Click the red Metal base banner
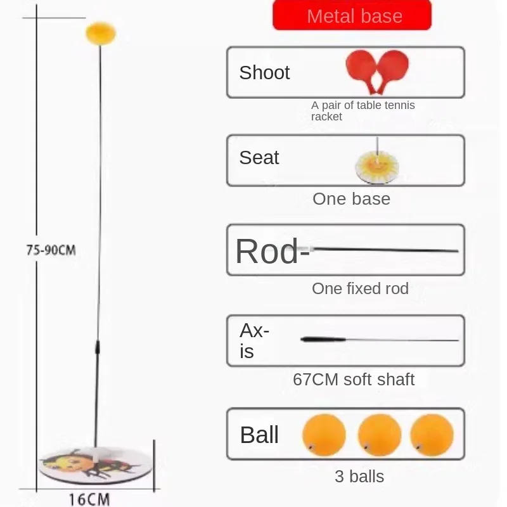[x=352, y=15]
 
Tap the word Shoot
[x=264, y=72]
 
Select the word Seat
[x=259, y=158]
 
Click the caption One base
[x=352, y=198]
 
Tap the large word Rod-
[x=273, y=251]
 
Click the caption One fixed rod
[x=360, y=288]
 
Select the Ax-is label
[x=254, y=341]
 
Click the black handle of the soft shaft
[x=323, y=339]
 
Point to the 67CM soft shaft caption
[x=354, y=379]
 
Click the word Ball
[x=259, y=435]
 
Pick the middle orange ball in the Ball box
[x=380, y=435]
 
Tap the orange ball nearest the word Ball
[x=324, y=435]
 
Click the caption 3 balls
[x=359, y=477]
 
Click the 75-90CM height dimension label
[x=51, y=250]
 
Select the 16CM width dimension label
[x=89, y=499]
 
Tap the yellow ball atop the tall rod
[x=101, y=34]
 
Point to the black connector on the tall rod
[x=98, y=347]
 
